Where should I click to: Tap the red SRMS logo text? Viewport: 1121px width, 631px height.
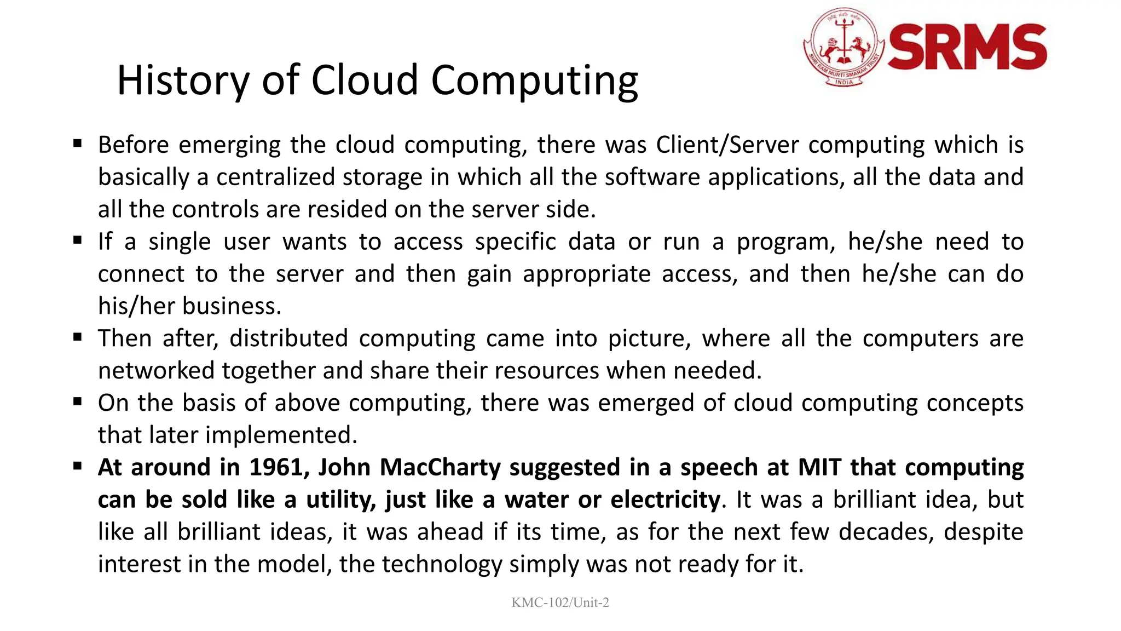(967, 48)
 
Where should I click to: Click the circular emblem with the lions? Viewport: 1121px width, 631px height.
(843, 47)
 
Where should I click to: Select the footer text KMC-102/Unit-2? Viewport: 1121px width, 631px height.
(560, 603)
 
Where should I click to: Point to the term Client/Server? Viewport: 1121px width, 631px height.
(727, 145)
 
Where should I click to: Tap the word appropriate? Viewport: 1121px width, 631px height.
(586, 274)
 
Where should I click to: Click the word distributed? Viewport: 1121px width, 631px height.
(288, 339)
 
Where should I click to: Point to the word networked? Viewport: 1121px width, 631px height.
(156, 371)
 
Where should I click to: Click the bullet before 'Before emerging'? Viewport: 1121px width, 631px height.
(78, 144)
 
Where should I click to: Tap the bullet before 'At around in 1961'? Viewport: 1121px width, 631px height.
(78, 467)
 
